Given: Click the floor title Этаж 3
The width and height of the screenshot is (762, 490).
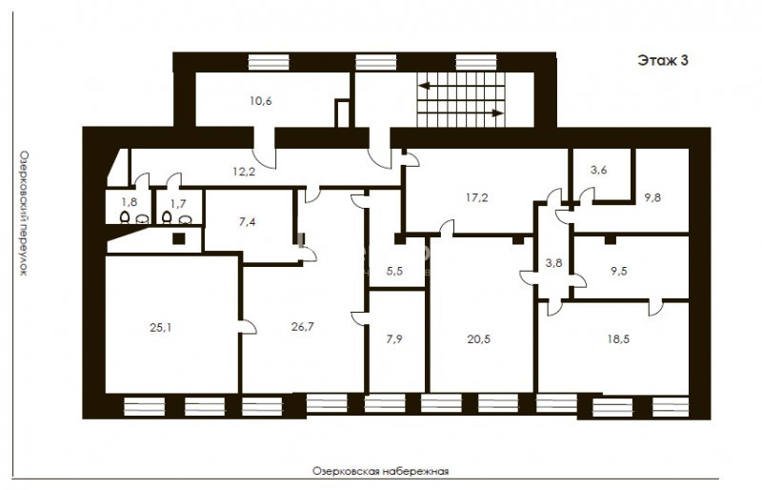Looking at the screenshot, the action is click(x=662, y=60).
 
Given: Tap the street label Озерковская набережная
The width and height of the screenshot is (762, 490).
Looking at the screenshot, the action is click(x=380, y=471).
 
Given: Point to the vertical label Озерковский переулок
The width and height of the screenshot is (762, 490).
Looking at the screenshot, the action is click(x=23, y=213).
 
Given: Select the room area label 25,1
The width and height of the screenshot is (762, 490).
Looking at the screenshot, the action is click(x=160, y=328).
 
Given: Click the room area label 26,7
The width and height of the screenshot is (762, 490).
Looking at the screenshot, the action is click(x=302, y=326).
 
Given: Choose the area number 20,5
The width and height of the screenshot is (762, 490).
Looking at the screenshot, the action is click(x=479, y=339).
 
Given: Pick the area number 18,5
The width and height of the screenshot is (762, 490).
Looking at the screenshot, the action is click(x=618, y=339).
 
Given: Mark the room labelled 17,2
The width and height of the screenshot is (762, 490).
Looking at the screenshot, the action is click(x=477, y=197).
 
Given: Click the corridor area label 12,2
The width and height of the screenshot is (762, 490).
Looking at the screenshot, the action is click(x=244, y=171).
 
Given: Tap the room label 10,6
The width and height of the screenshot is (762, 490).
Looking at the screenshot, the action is click(x=261, y=101).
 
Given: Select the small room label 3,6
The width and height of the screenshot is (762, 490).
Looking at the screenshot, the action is click(x=599, y=171).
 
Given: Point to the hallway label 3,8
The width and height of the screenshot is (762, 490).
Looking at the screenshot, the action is click(x=554, y=263).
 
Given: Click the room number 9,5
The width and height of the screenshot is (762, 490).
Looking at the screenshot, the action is click(x=619, y=271).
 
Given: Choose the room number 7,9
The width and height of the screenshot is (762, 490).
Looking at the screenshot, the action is click(x=394, y=339).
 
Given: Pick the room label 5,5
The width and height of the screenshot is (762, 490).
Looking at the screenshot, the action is click(x=394, y=271).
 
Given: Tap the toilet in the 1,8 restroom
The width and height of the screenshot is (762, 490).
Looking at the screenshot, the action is click(x=125, y=217).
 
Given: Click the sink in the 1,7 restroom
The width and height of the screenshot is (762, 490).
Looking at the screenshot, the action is click(x=185, y=220).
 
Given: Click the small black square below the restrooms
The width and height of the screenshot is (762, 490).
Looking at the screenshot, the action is click(x=179, y=238).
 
